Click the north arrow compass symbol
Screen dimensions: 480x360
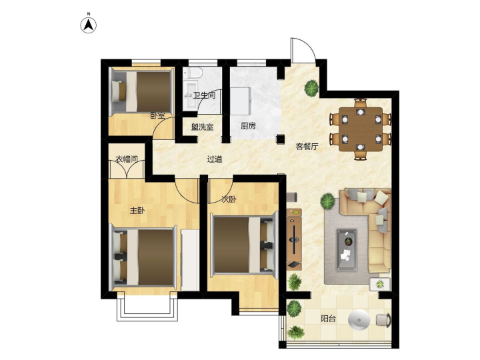click(89, 25)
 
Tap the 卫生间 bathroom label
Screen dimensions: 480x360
click(204, 95)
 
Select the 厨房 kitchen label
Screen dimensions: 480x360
click(248, 126)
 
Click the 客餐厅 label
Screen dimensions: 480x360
click(307, 146)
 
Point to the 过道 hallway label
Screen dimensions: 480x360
click(215, 159)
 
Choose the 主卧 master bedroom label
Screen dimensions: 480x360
click(137, 211)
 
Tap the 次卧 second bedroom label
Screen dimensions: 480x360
click(229, 199)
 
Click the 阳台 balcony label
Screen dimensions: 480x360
click(328, 319)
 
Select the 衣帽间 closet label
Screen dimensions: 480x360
click(127, 159)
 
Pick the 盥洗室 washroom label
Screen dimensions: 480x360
click(203, 127)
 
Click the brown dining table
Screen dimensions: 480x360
click(361, 129)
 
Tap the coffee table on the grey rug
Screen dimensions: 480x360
click(347, 250)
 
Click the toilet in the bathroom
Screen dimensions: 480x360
click(193, 73)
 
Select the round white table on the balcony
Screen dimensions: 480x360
click(359, 320)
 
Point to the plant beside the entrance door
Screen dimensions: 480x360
click(311, 87)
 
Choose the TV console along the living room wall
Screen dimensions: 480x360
click(294, 239)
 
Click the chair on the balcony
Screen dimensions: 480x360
click(383, 320)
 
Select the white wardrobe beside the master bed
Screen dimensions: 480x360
click(190, 260)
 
